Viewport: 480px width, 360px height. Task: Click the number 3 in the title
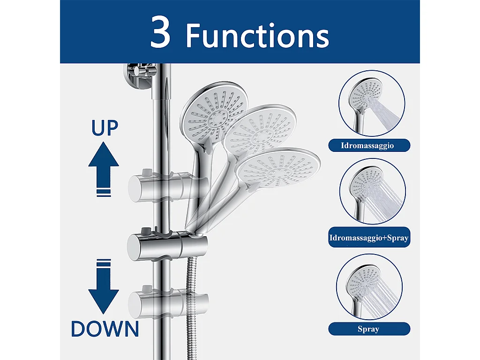point(161,33)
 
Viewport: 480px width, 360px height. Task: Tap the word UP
point(105,127)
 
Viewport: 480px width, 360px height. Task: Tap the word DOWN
point(105,329)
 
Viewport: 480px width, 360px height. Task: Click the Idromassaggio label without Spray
point(368,145)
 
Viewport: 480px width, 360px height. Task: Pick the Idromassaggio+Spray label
point(368,238)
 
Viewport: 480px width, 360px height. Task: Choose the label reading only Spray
point(368,329)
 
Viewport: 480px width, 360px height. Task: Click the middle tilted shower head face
point(260,131)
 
